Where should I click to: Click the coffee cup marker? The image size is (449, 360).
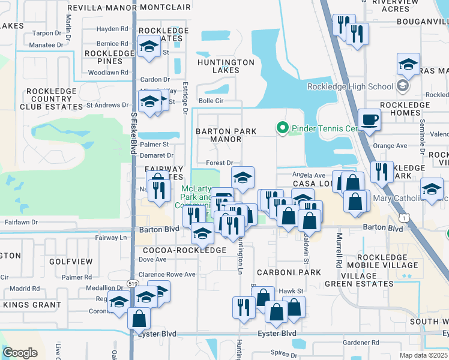pos(370,119)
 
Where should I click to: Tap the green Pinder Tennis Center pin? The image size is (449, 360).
pos(280,128)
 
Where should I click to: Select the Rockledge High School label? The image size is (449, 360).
pos(350,86)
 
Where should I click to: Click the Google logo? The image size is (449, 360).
pos(20,352)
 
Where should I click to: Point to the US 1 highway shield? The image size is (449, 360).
pos(406,217)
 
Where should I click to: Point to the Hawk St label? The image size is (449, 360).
pos(292,291)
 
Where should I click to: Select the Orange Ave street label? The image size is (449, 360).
pos(390,146)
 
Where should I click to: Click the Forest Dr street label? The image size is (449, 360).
pos(219,163)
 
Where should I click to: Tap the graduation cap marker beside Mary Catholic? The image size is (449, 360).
pos(432,188)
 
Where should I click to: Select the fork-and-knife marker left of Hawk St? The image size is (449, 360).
pos(244,307)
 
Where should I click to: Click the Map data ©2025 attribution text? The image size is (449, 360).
pos(423,355)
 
